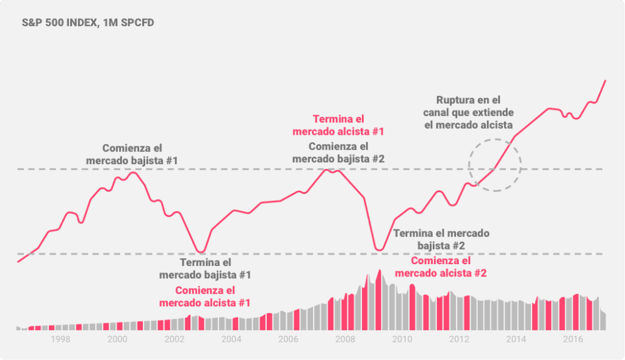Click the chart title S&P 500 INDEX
click(88, 24)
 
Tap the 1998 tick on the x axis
click(60, 339)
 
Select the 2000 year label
click(117, 339)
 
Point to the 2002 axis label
click(174, 339)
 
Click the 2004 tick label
click(231, 339)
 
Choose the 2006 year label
click(288, 339)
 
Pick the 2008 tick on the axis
click(345, 339)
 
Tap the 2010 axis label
click(402, 339)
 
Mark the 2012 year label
click(458, 339)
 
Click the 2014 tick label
click(515, 339)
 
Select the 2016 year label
click(572, 339)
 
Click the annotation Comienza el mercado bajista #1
click(132, 154)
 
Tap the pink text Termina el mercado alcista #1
click(338, 125)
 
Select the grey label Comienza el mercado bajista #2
click(338, 153)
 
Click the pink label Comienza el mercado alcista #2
click(441, 267)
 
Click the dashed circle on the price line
click(495, 165)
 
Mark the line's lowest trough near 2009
click(379, 250)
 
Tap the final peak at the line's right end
click(605, 81)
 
